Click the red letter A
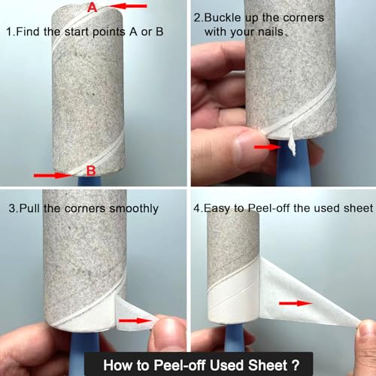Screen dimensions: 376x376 (92, 7)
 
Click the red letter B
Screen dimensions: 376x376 (91, 171)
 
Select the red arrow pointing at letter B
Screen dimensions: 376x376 (53, 174)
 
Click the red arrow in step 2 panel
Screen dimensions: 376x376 (268, 147)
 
